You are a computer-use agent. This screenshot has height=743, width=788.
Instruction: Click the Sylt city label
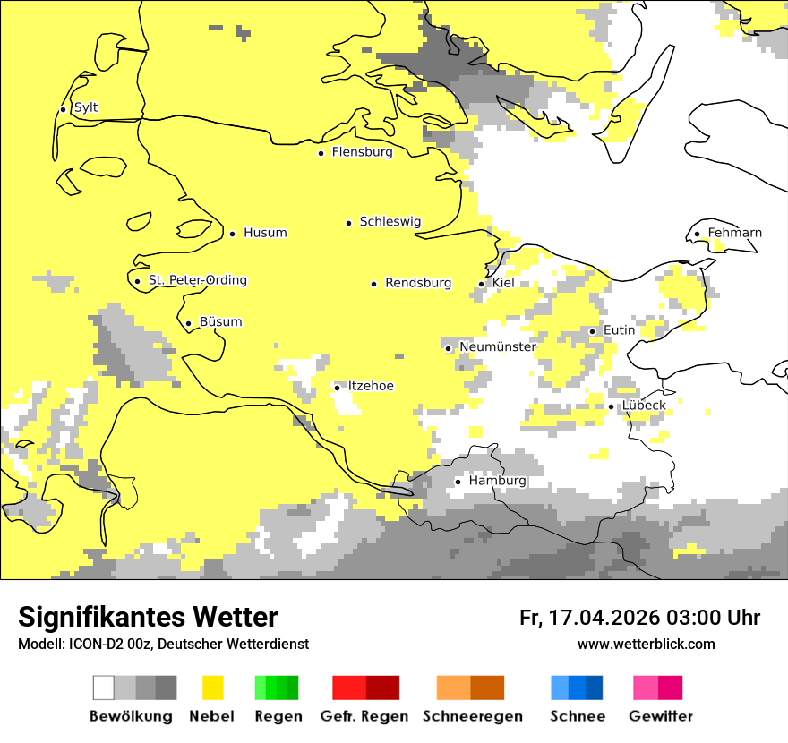[86, 107]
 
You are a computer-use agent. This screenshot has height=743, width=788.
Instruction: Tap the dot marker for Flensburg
[321, 153]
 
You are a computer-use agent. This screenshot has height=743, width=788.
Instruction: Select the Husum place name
[265, 233]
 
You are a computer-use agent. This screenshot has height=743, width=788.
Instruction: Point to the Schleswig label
[390, 222]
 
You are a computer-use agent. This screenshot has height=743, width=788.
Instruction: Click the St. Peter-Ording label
[197, 280]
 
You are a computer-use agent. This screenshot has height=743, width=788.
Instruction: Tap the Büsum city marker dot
[188, 323]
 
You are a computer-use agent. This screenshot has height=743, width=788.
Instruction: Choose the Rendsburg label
[418, 283]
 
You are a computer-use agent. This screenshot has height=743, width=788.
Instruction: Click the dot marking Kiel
[482, 284]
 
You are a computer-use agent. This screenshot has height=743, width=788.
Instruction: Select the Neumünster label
[498, 346]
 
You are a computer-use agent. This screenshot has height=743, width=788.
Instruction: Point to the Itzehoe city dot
[337, 387]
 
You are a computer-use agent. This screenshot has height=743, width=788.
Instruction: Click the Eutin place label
[619, 330]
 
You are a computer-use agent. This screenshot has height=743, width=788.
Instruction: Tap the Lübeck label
[643, 406]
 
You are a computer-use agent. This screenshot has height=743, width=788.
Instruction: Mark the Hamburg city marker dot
[458, 482]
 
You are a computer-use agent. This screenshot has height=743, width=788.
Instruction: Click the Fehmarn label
[734, 233]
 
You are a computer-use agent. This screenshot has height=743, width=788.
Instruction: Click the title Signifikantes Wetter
[148, 617]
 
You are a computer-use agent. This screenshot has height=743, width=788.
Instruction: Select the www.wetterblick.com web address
[646, 644]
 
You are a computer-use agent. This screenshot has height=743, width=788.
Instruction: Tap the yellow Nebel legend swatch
[213, 687]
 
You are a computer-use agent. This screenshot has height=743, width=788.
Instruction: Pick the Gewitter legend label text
[660, 716]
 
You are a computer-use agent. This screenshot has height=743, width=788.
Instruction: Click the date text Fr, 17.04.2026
[590, 618]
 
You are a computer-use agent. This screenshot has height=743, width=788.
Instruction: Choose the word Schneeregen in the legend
[472, 716]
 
